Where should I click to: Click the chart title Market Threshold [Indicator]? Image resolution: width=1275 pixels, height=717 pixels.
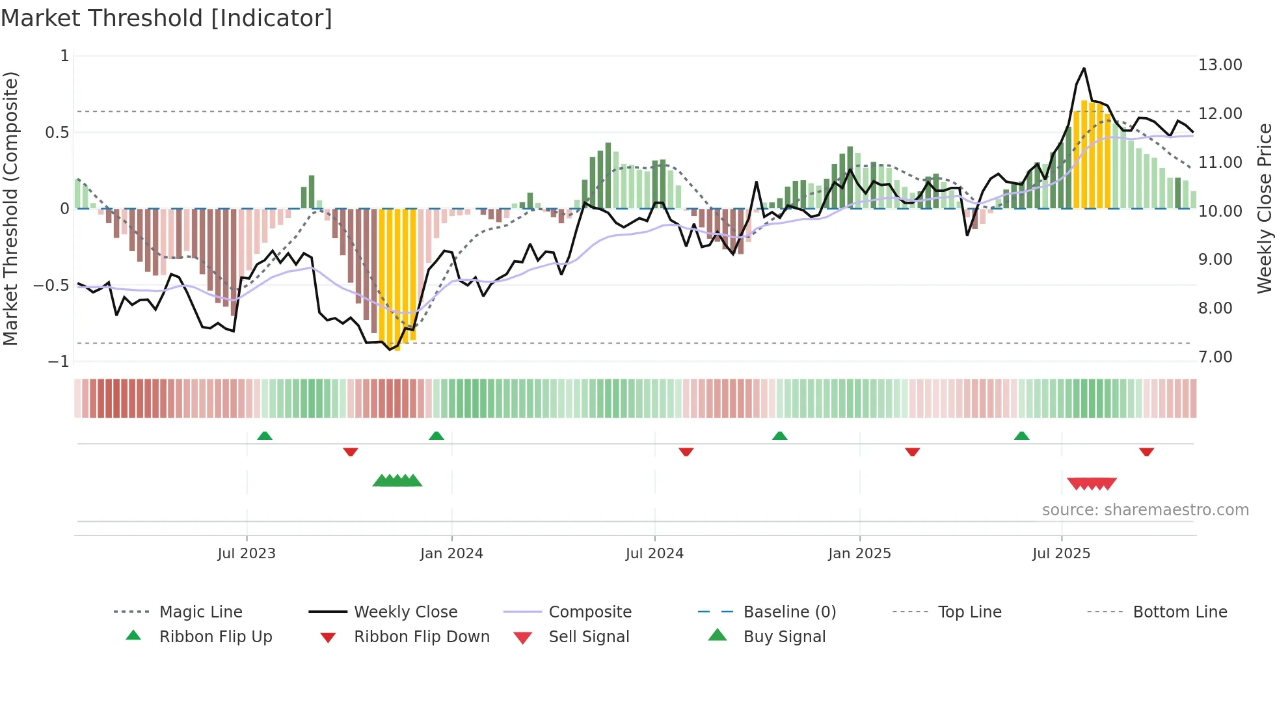click(x=167, y=18)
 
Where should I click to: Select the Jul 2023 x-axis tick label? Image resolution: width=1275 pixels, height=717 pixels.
click(x=247, y=554)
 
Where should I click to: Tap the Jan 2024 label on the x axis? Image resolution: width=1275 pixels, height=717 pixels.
click(x=451, y=554)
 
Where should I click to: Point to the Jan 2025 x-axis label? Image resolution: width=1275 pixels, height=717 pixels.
click(x=859, y=554)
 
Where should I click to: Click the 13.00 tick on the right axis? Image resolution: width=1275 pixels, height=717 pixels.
click(x=1220, y=65)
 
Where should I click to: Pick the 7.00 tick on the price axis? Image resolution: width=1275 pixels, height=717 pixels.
click(x=1215, y=357)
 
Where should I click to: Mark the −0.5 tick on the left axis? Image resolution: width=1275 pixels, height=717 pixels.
click(x=51, y=285)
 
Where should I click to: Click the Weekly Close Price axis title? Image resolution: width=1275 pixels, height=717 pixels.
click(x=1264, y=208)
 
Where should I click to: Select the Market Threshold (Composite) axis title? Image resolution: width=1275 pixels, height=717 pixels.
click(x=11, y=208)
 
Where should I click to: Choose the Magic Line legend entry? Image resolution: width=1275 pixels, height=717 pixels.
click(x=200, y=612)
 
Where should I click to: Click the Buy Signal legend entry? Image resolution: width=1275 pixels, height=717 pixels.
click(x=784, y=637)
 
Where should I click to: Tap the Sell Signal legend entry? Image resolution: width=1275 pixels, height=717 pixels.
click(x=589, y=637)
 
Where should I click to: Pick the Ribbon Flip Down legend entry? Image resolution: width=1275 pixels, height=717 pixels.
click(x=421, y=637)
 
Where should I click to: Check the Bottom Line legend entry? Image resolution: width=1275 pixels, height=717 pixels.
click(x=1179, y=612)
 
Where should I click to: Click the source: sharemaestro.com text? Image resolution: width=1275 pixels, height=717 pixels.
click(x=1145, y=510)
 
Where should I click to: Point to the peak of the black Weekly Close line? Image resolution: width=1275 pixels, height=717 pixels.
click(x=1084, y=68)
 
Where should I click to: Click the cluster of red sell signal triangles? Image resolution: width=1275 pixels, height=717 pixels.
click(x=1092, y=483)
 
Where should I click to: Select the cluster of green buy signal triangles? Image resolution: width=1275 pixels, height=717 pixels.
click(x=397, y=481)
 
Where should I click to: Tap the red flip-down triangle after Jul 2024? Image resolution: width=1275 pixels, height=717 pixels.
click(x=686, y=452)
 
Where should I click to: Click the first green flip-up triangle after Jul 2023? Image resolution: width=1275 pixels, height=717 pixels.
click(x=264, y=436)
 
